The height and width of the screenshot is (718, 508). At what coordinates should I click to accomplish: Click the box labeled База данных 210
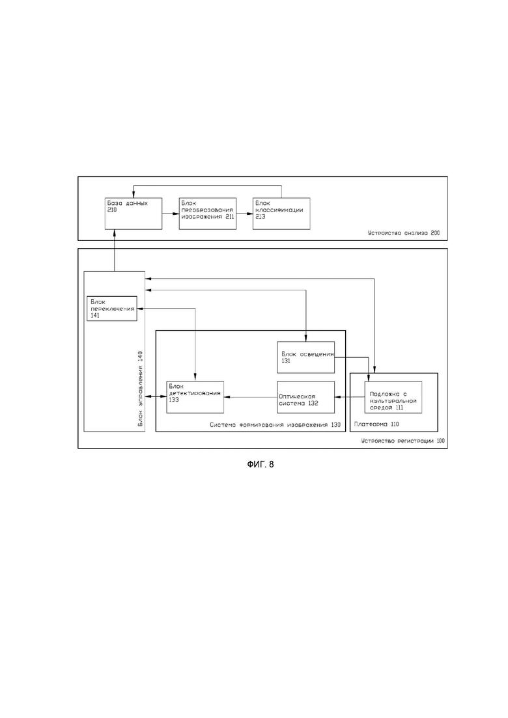(134, 214)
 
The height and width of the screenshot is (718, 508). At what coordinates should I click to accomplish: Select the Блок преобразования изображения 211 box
(208, 214)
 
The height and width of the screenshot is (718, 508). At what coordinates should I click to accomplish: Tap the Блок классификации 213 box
(281, 214)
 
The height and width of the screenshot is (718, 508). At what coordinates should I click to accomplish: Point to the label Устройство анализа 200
(404, 233)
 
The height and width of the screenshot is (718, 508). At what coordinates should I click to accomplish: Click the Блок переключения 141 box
(112, 308)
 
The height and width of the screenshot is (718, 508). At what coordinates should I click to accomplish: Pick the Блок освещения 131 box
(306, 357)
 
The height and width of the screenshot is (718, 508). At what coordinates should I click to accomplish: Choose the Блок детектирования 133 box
(195, 397)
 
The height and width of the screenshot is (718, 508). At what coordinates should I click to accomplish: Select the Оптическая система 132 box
(306, 397)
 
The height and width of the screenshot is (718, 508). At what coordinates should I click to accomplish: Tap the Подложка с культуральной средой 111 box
(393, 397)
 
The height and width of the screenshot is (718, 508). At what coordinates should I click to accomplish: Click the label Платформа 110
(376, 424)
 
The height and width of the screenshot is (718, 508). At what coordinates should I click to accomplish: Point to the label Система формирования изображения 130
(275, 425)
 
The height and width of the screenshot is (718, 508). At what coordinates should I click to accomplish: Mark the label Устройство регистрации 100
(402, 441)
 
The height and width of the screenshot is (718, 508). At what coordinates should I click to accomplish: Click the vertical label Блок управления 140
(140, 389)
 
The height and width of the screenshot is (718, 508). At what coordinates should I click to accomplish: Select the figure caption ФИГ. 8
(260, 464)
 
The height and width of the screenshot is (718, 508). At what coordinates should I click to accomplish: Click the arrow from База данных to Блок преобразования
(171, 214)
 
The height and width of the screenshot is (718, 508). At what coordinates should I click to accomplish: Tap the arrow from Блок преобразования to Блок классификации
(245, 214)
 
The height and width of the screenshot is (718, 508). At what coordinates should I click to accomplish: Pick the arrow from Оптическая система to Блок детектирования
(251, 397)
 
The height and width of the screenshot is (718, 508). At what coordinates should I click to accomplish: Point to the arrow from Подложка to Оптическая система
(350, 397)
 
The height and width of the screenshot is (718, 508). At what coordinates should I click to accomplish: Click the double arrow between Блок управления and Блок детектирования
(156, 397)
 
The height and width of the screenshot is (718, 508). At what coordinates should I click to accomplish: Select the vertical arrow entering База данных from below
(114, 250)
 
